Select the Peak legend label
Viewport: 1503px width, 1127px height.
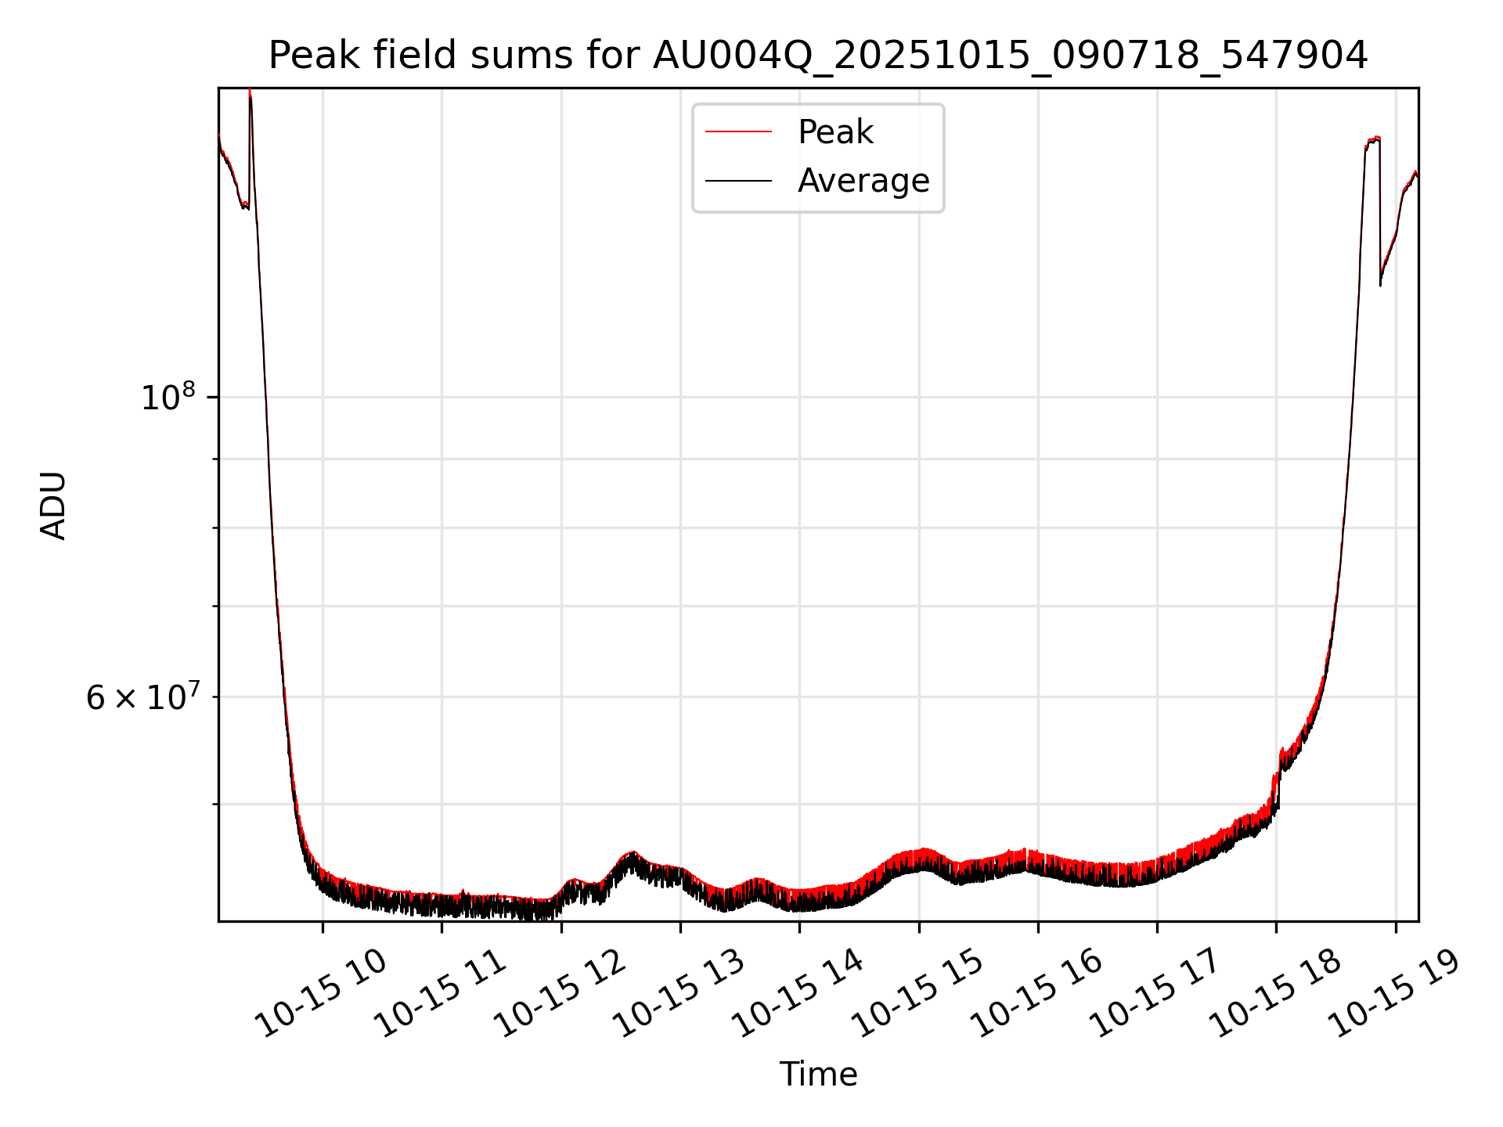pyautogui.click(x=834, y=132)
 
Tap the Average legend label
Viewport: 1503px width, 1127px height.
pyautogui.click(x=863, y=181)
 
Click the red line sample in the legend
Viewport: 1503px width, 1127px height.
pyautogui.click(x=738, y=132)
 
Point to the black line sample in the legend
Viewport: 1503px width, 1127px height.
pyautogui.click(x=738, y=181)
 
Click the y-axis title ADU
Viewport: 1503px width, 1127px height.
pyautogui.click(x=53, y=505)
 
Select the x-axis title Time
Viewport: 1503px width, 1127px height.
pyautogui.click(x=818, y=1075)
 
